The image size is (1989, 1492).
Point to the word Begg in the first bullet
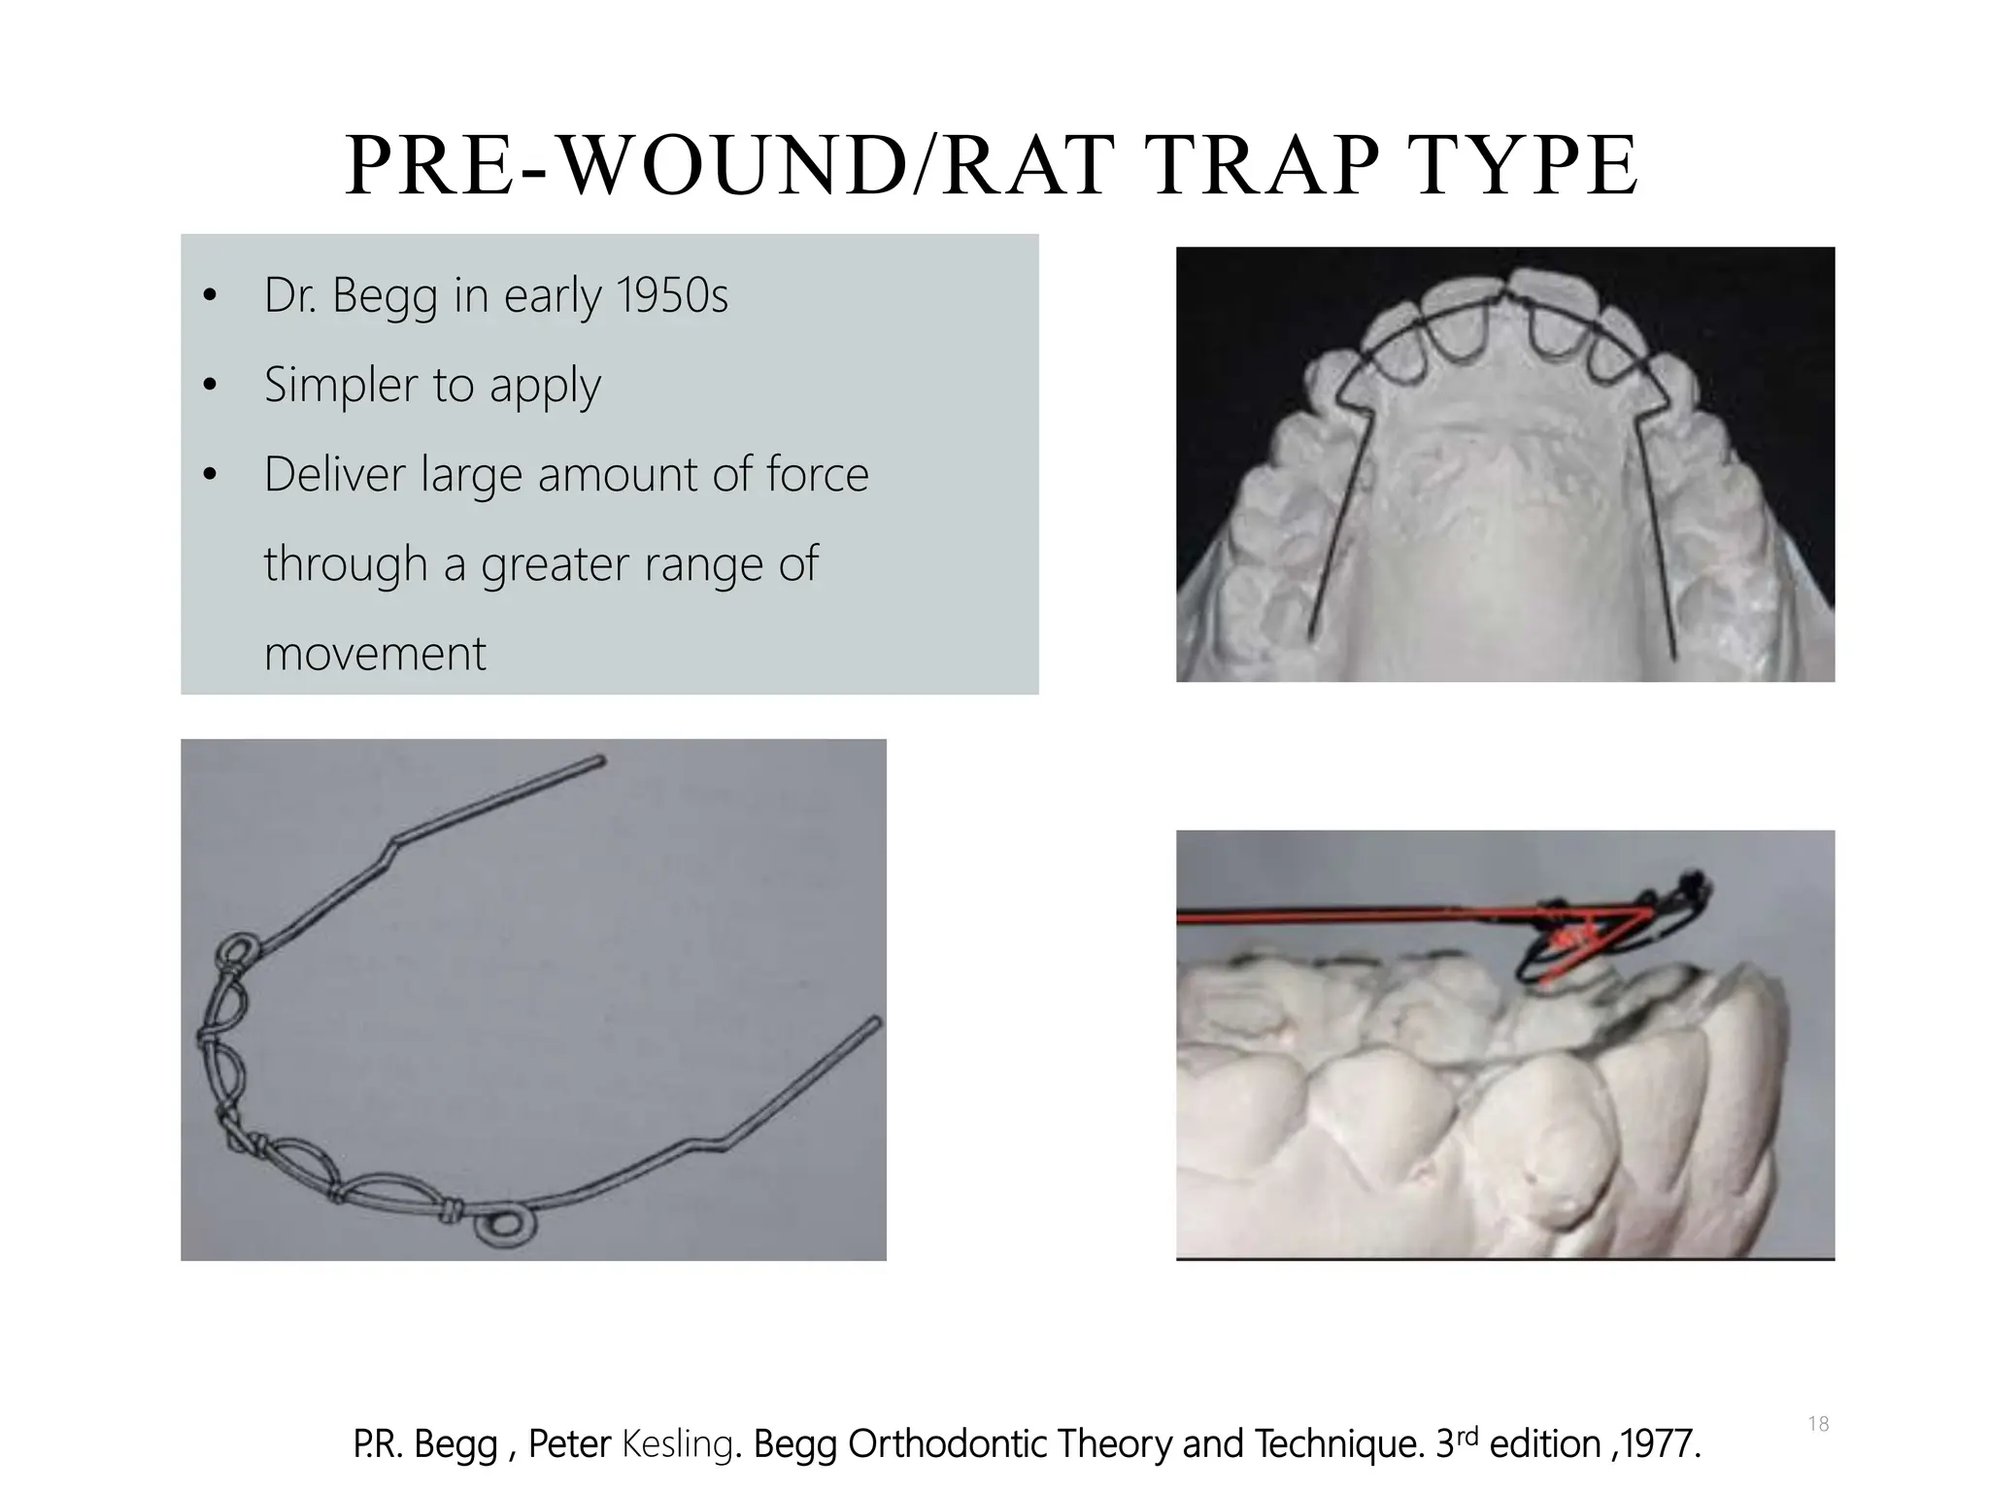pyautogui.click(x=385, y=297)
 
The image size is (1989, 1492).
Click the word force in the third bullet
pyautogui.click(x=817, y=474)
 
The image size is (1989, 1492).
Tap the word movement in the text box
pyautogui.click(x=375, y=653)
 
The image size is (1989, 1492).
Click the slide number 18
pyautogui.click(x=1818, y=1424)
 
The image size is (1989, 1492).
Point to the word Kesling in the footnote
pyautogui.click(x=676, y=1444)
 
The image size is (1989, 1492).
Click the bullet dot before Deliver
pyautogui.click(x=209, y=476)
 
